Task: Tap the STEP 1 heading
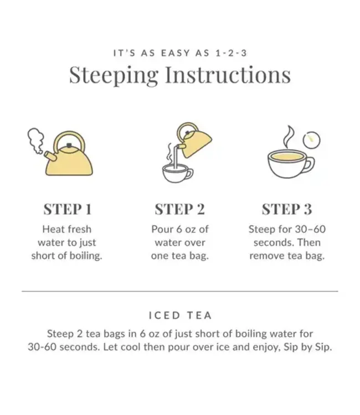point(68,209)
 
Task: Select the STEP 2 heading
point(179,209)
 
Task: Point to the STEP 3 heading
point(286,209)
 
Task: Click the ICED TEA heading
point(180,315)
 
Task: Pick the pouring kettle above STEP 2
point(194,139)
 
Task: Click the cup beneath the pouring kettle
point(176,173)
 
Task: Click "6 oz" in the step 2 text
point(189,229)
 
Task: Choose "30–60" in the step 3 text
point(307,229)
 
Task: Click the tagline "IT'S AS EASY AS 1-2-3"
point(180,53)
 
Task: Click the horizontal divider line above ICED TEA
point(180,290)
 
